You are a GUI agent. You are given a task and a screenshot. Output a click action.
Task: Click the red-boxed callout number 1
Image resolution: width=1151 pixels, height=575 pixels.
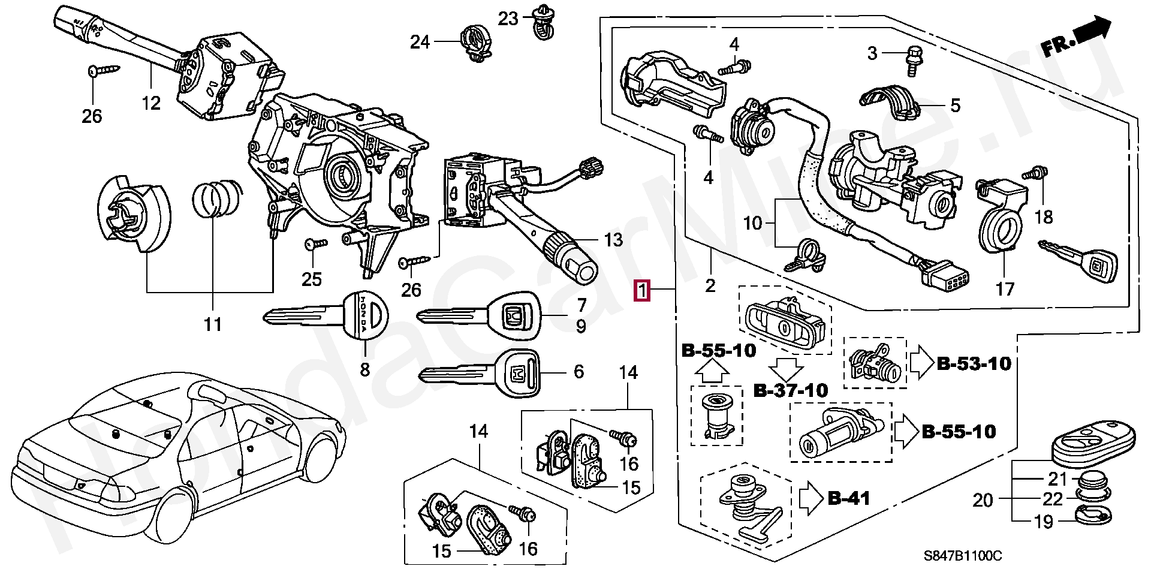pyautogui.click(x=642, y=291)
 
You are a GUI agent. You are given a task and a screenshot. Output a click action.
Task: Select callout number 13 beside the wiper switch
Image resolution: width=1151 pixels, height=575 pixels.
pyautogui.click(x=613, y=240)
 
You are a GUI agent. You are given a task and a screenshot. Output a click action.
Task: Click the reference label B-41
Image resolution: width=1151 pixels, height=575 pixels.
pyautogui.click(x=848, y=498)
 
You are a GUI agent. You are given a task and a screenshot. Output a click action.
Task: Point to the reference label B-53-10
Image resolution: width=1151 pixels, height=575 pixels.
pyautogui.click(x=974, y=363)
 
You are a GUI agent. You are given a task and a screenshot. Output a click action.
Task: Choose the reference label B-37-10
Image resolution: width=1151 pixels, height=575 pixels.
pyautogui.click(x=790, y=391)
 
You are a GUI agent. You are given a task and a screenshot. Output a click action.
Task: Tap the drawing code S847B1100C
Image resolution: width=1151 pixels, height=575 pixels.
pyautogui.click(x=962, y=556)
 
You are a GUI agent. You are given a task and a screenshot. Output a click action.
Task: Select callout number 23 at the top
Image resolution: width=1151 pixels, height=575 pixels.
pyautogui.click(x=508, y=19)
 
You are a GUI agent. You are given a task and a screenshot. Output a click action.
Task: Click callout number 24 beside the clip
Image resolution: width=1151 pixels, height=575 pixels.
pyautogui.click(x=420, y=42)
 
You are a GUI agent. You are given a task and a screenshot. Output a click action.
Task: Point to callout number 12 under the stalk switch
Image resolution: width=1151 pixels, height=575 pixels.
pyautogui.click(x=151, y=103)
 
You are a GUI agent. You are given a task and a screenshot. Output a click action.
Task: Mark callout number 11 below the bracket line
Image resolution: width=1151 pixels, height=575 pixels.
pyautogui.click(x=213, y=324)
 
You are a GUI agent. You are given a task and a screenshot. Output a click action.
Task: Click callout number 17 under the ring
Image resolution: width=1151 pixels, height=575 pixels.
pyautogui.click(x=1005, y=289)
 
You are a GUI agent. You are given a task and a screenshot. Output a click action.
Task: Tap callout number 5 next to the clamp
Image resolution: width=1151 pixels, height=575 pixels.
pyautogui.click(x=956, y=106)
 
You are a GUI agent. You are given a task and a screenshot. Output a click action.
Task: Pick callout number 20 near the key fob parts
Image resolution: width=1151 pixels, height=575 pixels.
pyautogui.click(x=983, y=499)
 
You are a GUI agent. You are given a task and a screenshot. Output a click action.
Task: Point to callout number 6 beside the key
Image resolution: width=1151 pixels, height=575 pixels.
pyautogui.click(x=578, y=372)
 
